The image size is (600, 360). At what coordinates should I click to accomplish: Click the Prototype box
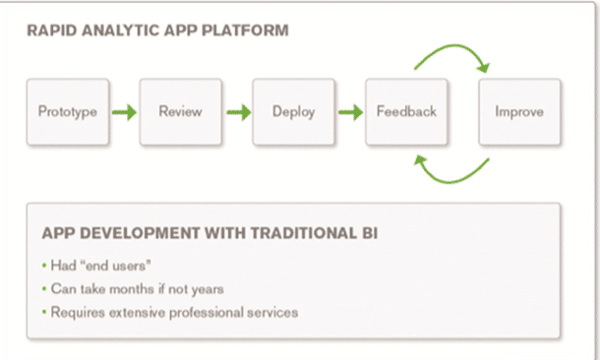pos(67,112)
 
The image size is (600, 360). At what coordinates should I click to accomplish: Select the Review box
pos(180,112)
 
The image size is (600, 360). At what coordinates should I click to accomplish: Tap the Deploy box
pos(293,112)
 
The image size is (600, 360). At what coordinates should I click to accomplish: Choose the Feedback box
pos(406,112)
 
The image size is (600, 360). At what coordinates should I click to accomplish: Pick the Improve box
pos(518,112)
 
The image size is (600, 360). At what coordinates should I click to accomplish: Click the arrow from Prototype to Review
pos(124,112)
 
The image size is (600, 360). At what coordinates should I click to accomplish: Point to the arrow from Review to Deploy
pos(237,112)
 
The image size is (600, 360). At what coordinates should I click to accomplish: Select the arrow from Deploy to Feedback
pos(350,112)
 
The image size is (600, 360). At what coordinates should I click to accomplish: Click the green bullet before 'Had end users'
pos(43,267)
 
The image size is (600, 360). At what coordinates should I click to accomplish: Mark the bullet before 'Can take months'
pos(43,290)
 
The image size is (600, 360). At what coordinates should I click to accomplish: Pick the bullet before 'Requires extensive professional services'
pos(43,313)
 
